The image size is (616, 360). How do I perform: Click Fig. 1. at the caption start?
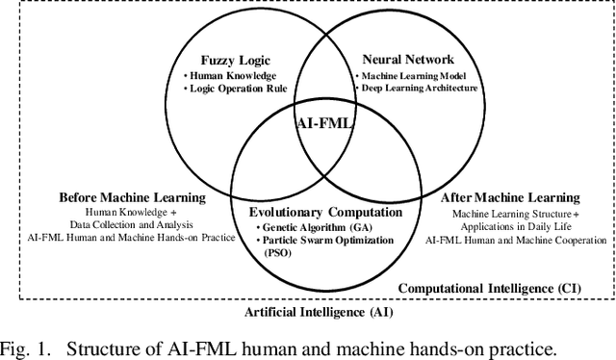pyautogui.click(x=25, y=345)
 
